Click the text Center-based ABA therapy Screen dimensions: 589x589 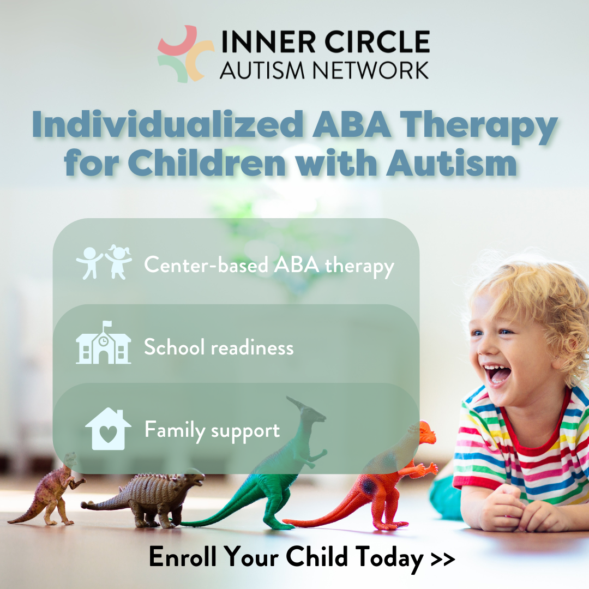[x=269, y=266]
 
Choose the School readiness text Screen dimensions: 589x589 [x=219, y=347]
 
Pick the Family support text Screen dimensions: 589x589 [x=212, y=430]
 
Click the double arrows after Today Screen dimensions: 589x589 [x=442, y=558]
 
